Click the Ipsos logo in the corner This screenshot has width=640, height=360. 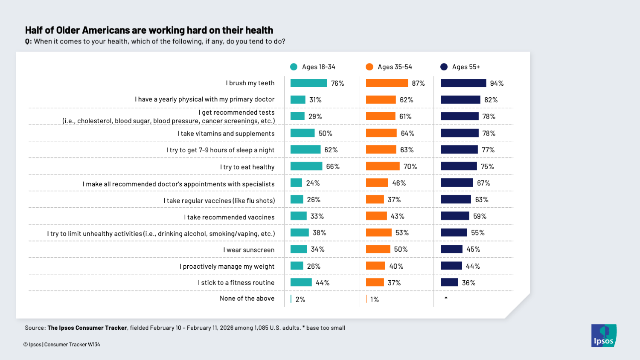tap(603, 336)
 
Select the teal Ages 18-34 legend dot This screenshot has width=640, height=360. tap(294, 67)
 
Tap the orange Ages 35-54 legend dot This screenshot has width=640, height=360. tap(369, 67)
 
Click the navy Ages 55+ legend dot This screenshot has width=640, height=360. tap(444, 67)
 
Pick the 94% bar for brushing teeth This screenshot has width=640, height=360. tap(463, 83)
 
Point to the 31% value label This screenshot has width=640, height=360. tap(315, 100)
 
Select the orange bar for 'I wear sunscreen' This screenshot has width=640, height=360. tap(378, 249)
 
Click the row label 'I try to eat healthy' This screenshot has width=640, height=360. tap(247, 167)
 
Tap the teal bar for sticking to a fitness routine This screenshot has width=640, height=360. tap(301, 282)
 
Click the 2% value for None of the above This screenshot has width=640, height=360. tap(300, 299)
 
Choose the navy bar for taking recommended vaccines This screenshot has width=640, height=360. tap(455, 216)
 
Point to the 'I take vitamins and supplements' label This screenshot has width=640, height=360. tap(226, 134)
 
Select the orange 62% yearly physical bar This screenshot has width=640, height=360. tap(381, 100)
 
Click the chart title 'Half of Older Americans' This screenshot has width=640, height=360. tap(149, 30)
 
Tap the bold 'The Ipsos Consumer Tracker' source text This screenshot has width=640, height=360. tap(87, 328)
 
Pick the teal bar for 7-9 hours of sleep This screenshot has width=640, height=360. tap(305, 150)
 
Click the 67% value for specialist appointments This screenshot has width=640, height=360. tap(483, 183)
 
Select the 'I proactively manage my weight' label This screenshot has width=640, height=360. tap(227, 267)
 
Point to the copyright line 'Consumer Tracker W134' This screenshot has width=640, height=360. tap(72, 345)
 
